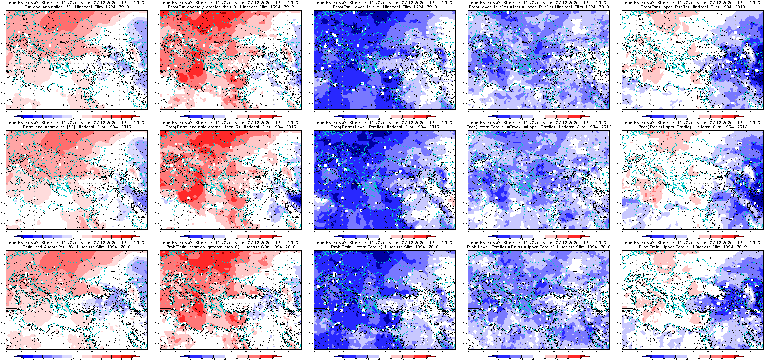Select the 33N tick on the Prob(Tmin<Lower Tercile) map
311,323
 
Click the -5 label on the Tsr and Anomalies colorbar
23,119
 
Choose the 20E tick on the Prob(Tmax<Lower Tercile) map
357,231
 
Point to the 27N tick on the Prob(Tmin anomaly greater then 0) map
157,343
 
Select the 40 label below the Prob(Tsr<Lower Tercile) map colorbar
379,119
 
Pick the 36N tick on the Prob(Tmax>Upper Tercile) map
619,193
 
